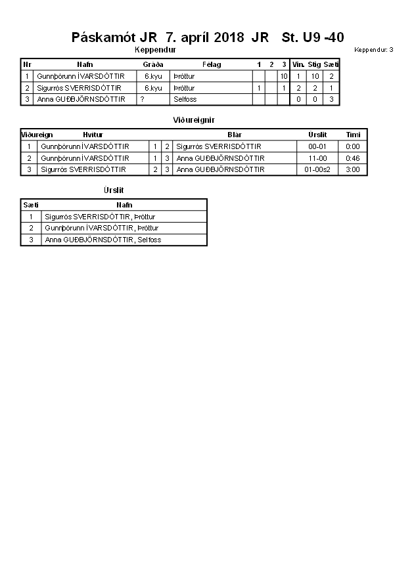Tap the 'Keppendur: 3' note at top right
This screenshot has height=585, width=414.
pyautogui.click(x=373, y=50)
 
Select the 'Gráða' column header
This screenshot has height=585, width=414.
pyautogui.click(x=153, y=64)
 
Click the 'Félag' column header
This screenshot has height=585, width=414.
pyautogui.click(x=212, y=64)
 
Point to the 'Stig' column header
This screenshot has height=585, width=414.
pyautogui.click(x=315, y=64)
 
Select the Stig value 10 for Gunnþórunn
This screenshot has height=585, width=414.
pyautogui.click(x=315, y=76)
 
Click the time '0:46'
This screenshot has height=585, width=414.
pyautogui.click(x=353, y=158)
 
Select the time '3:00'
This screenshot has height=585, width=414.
pyautogui.click(x=353, y=169)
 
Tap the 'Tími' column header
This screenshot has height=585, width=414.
pyautogui.click(x=353, y=135)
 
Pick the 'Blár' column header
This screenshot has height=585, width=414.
pyautogui.click(x=235, y=135)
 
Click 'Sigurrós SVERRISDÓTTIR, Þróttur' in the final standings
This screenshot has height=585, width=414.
pyautogui.click(x=100, y=216)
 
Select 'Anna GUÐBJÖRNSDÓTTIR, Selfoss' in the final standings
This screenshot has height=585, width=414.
pyautogui.click(x=103, y=240)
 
